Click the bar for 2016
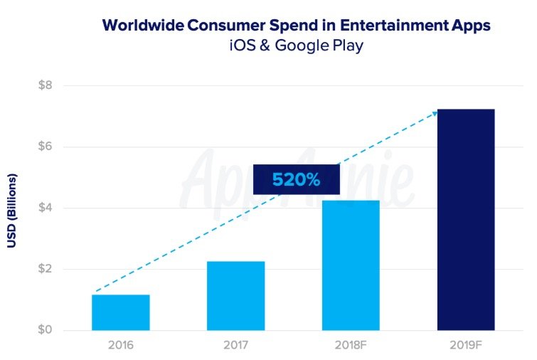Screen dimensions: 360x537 tap(121, 312)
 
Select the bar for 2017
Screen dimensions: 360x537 tap(236, 296)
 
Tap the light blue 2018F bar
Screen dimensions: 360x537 tap(351, 265)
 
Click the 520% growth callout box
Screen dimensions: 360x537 tap(297, 179)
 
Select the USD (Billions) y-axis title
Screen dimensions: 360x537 tap(12, 211)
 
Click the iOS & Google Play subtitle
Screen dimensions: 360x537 tap(297, 46)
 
